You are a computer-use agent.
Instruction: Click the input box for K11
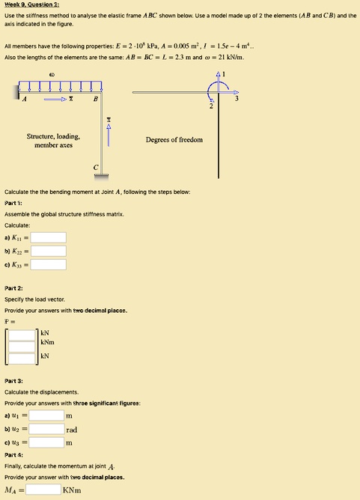[49, 238]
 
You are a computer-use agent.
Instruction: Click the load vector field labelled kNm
[22, 344]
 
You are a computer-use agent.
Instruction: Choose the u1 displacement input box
[46, 415]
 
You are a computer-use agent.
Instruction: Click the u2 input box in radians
[46, 430]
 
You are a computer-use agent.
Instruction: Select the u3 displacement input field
[46, 443]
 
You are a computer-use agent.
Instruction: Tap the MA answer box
[43, 491]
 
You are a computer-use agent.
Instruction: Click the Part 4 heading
[14, 455]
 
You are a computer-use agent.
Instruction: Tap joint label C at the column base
[95, 167]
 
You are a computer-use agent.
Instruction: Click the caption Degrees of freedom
[174, 140]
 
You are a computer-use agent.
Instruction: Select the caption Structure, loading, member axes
[53, 141]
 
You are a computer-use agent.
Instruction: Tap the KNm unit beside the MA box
[73, 491]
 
